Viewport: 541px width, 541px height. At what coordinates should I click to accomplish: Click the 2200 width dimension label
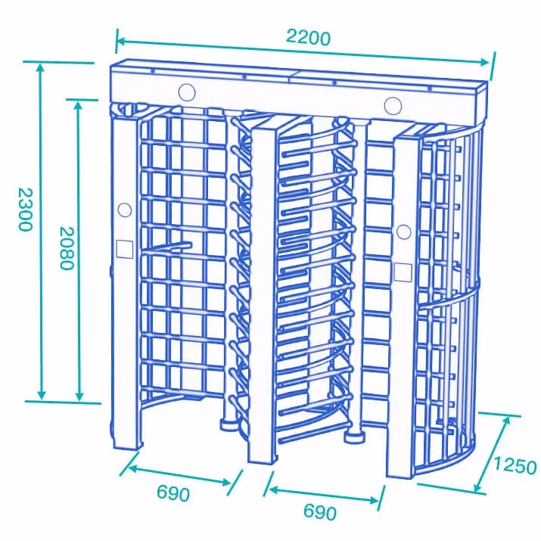point(308,37)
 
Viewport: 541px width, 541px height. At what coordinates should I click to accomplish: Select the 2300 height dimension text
point(25,209)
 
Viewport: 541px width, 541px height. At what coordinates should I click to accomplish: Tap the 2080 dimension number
point(67,248)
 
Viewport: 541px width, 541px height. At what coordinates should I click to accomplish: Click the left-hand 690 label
point(173,493)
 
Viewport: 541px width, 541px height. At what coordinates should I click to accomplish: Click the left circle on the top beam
point(187,92)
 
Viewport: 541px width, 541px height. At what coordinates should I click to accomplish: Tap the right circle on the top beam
point(393,106)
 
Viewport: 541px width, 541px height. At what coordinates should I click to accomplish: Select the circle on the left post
point(125,210)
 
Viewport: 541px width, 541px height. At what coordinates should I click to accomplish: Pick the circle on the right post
point(404,232)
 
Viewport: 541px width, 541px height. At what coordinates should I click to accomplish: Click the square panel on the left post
point(125,249)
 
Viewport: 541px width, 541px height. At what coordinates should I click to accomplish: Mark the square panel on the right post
point(403,272)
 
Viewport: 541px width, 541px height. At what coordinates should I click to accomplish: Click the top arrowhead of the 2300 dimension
point(41,67)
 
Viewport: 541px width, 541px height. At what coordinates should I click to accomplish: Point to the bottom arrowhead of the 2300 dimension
point(42,395)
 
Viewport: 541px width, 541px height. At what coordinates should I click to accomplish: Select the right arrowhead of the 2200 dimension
point(484,62)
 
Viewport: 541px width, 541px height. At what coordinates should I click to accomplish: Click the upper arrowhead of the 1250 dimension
point(506,421)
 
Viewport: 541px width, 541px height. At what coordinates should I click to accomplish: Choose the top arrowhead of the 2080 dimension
point(79,105)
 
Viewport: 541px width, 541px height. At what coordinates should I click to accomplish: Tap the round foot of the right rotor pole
point(354,437)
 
